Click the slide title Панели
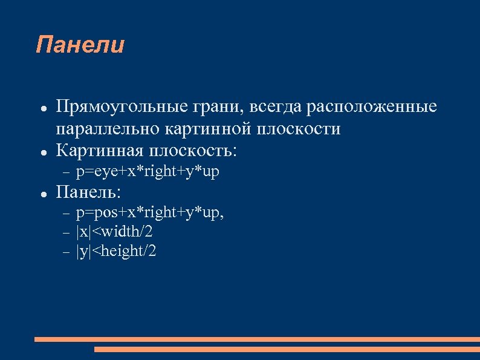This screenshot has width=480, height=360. [x=80, y=45]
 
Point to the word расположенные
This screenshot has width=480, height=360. [x=372, y=107]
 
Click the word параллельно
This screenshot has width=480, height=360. [x=106, y=129]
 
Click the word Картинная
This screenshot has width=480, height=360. [x=98, y=150]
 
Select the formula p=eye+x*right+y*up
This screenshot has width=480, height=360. [x=148, y=172]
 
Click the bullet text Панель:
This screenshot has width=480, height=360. [x=88, y=192]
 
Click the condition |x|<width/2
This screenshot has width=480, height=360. [x=115, y=232]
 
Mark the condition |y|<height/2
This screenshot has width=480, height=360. [x=117, y=251]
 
